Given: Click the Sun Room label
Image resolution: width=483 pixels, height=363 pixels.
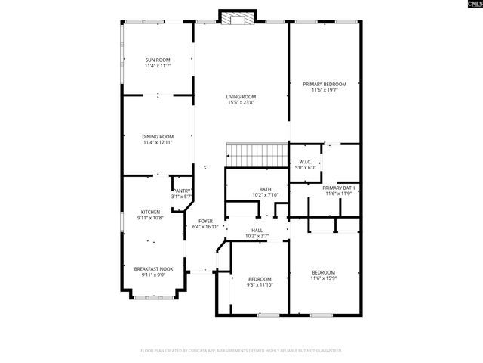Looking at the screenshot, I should pos(158,60).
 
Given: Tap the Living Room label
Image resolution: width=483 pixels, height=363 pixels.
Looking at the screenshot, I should pos(241,96).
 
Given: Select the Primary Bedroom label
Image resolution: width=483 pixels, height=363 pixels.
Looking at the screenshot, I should pos(325,84).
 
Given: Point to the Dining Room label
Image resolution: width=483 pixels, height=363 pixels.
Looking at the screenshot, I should pos(158,136).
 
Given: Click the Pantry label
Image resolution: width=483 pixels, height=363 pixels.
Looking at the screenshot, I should pos(182,191).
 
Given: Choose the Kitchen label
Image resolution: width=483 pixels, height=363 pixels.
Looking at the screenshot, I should pos(150,212).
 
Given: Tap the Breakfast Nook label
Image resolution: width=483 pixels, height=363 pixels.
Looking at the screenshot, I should pos(153,268).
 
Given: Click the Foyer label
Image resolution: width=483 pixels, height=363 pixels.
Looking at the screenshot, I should pos(205,221).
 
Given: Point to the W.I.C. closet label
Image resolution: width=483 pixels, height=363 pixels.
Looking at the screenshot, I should pos(305,161).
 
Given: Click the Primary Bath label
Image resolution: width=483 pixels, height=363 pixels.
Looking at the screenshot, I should pos(338,188).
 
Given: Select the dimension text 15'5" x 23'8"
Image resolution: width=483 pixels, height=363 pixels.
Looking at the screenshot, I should pos(241,102).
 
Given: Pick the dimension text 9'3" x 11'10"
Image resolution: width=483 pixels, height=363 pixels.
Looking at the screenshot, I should pos(260,285).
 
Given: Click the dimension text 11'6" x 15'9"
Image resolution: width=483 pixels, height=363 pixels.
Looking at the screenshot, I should pos(324,278).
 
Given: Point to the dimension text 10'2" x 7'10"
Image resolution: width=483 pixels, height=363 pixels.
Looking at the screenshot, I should pos(266,195).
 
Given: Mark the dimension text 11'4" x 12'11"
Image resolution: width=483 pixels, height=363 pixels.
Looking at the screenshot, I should pos(158,142).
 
